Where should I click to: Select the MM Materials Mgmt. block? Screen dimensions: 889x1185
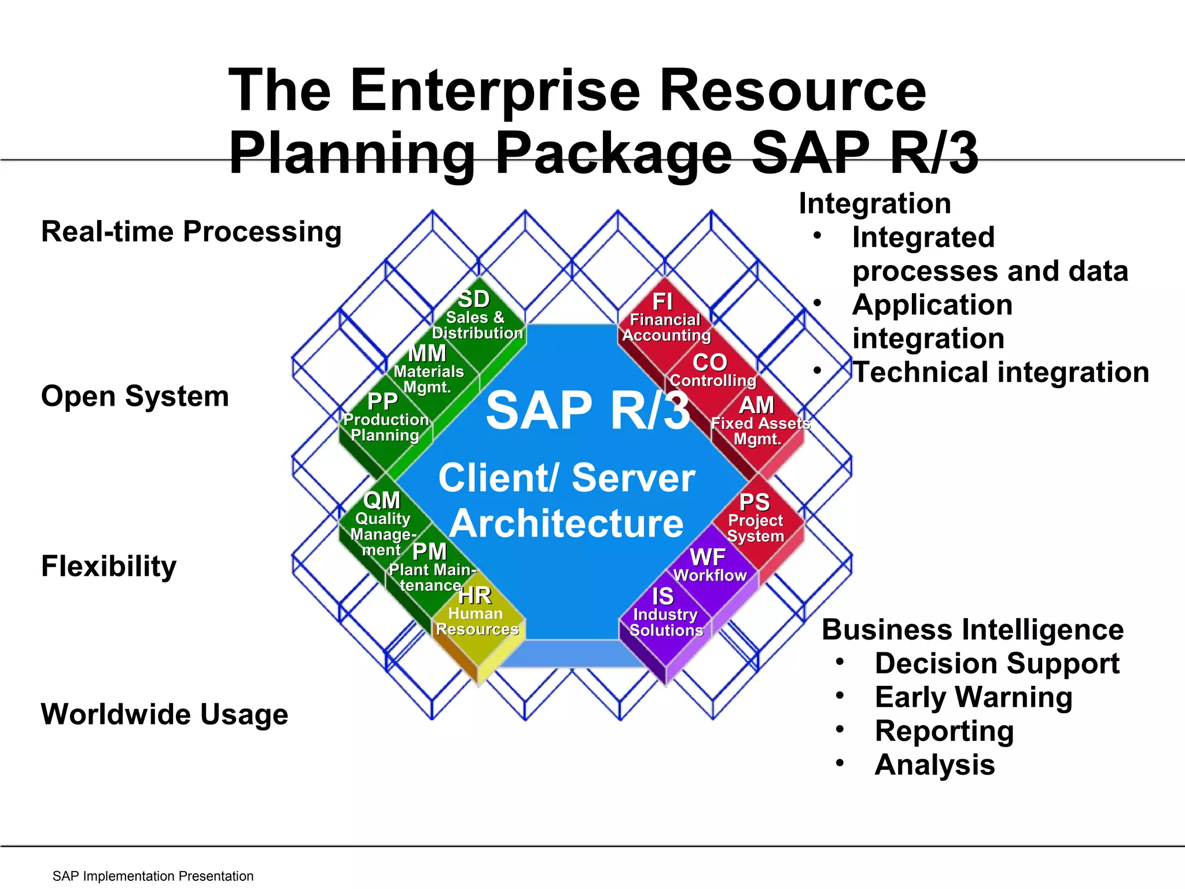pos(429,370)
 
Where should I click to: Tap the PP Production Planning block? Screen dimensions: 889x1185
pos(384,419)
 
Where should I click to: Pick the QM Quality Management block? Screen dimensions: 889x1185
pos(382,521)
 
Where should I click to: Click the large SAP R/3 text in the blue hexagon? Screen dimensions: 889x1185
pos(588,410)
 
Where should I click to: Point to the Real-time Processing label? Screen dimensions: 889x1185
pos(192,232)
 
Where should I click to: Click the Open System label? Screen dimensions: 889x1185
pos(135,396)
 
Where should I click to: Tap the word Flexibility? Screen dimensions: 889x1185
pos(109,566)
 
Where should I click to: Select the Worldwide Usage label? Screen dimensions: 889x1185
pos(165,714)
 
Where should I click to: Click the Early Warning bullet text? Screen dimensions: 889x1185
pos(973,697)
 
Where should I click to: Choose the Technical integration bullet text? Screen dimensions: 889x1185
pos(1000,372)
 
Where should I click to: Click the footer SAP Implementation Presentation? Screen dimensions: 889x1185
pos(153,876)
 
